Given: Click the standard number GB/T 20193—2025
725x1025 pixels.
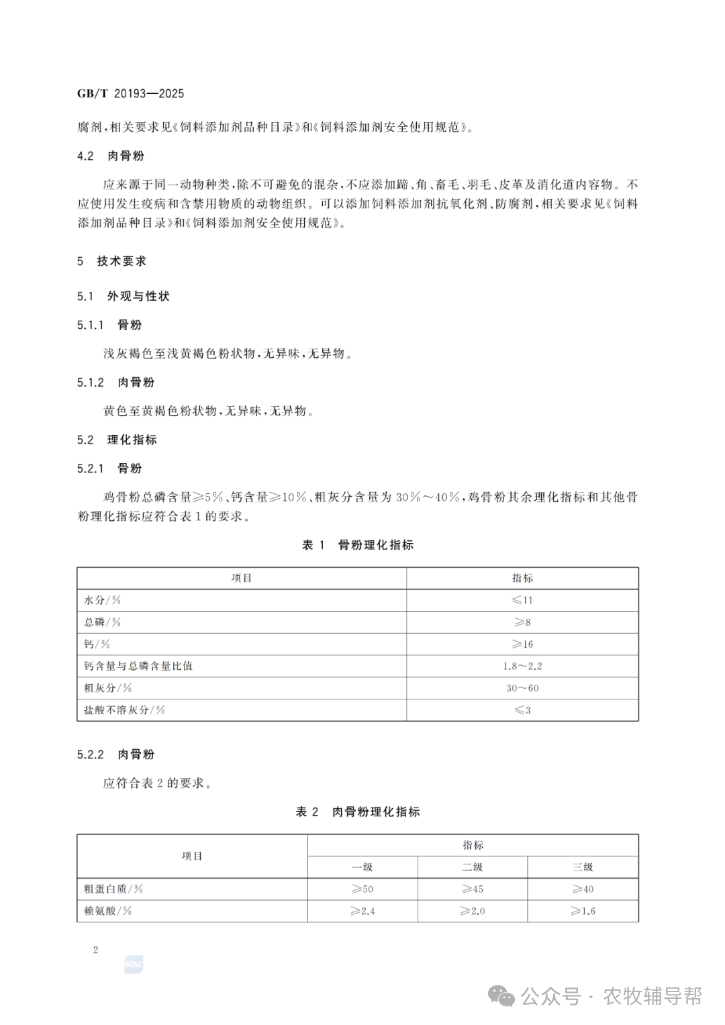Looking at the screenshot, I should tap(130, 93).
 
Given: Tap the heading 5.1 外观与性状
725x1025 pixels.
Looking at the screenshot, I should tap(124, 296).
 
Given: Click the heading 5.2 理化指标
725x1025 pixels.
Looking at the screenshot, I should tap(117, 440).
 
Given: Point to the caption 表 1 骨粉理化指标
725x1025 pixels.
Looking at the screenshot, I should tap(358, 545).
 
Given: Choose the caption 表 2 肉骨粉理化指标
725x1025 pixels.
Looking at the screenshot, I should tap(358, 812).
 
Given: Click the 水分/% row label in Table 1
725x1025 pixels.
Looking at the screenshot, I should tap(102, 600).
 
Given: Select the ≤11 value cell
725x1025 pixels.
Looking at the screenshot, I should tap(522, 600).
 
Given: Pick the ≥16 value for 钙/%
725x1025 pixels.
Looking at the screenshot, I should tap(522, 644).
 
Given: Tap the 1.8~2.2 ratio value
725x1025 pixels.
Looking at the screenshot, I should tap(522, 666).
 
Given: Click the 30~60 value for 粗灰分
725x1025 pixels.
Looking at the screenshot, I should tap(522, 688).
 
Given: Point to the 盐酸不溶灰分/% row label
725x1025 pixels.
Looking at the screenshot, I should tap(124, 710).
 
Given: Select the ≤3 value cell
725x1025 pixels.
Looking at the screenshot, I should tap(522, 710).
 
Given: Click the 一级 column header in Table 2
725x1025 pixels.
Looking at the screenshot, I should tap(362, 867).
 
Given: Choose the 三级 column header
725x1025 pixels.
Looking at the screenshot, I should tap(583, 867).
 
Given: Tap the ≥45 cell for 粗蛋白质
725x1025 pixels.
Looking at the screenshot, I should tap(473, 889).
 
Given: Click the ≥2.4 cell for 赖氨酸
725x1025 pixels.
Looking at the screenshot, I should tap(362, 911).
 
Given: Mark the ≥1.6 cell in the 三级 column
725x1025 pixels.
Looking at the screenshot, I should tap(583, 911).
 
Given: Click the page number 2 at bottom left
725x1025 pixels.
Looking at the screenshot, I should tap(96, 950).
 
